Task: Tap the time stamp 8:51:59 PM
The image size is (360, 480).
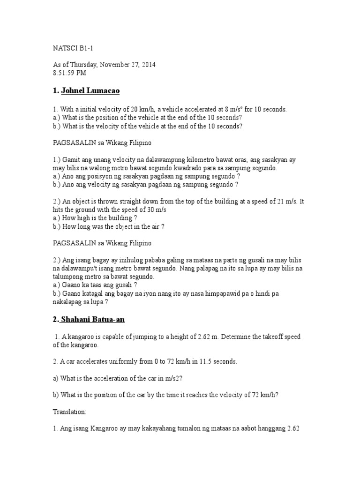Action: click(x=69, y=73)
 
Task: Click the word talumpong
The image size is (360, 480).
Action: click(x=68, y=277)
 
